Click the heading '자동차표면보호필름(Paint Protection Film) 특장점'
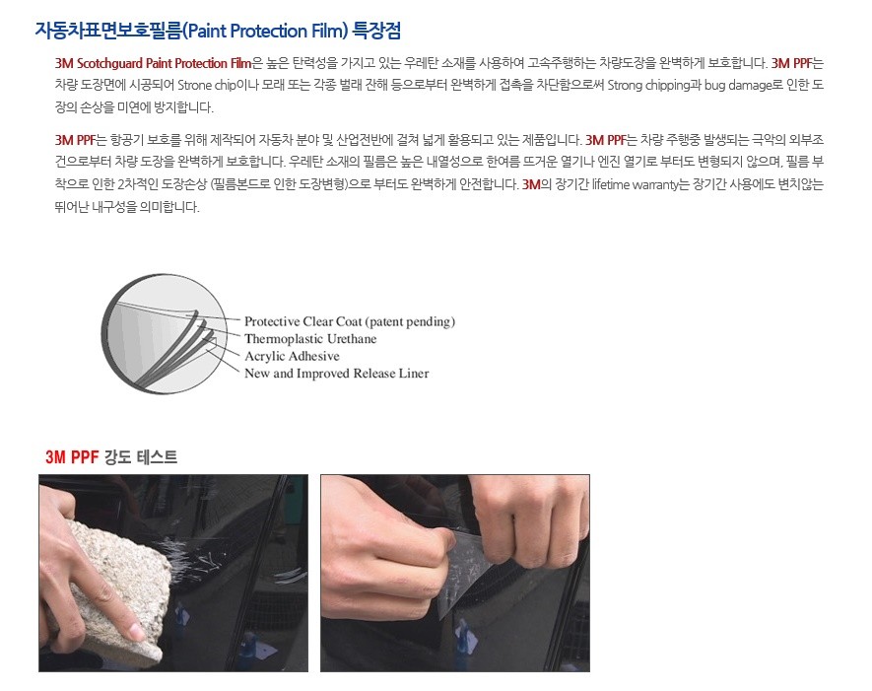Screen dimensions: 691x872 [218, 30]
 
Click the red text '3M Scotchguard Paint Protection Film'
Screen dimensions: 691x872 [154, 63]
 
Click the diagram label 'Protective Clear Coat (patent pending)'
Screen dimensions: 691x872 [349, 322]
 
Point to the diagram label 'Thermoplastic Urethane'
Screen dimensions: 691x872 [310, 339]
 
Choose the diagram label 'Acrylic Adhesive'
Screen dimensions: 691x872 [292, 356]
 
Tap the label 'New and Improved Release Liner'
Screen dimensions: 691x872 [336, 374]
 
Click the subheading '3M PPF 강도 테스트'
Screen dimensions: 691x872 [111, 457]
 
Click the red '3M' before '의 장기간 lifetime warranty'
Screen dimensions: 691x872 [531, 184]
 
